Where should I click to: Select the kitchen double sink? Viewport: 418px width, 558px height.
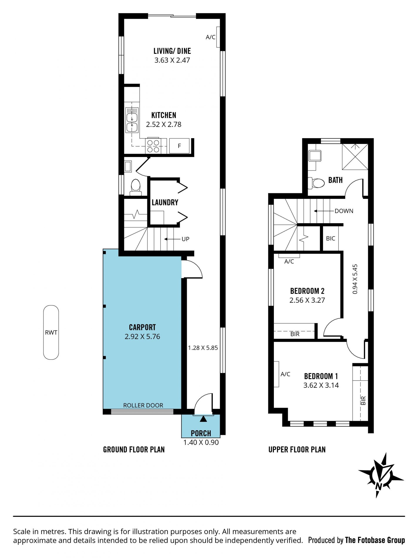132,120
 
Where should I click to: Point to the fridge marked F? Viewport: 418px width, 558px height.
179,146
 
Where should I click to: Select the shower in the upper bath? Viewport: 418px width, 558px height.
355,157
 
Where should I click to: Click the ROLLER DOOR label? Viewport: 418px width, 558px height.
143,405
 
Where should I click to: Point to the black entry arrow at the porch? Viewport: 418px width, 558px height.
203,419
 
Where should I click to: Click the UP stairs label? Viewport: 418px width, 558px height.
185,239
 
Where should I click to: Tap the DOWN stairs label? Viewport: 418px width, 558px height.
344,211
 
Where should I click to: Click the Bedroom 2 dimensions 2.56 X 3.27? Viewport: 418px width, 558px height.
307,300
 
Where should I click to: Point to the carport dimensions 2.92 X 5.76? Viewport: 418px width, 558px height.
142,336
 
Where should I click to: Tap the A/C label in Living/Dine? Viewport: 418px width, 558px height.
211,37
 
